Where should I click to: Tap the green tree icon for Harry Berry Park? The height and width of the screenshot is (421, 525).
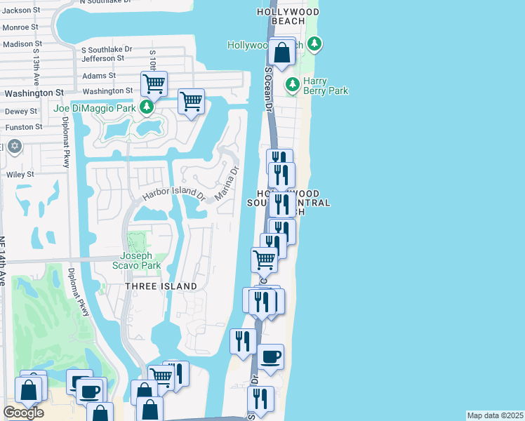click(x=293, y=86)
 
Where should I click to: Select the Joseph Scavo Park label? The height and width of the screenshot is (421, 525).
click(x=136, y=260)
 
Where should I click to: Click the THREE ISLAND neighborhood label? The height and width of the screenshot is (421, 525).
click(x=161, y=286)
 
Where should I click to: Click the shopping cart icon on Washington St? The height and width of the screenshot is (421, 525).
click(x=153, y=84)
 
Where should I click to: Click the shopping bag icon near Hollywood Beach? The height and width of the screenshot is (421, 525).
click(x=281, y=53)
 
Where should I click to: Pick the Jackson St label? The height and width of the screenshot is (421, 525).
click(x=20, y=10)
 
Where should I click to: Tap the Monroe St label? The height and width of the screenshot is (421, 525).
click(x=20, y=27)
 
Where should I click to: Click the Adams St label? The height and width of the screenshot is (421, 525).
click(x=98, y=76)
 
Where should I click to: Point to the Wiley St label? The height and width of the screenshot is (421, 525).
click(x=20, y=174)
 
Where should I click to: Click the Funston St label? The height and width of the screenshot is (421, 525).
click(x=23, y=127)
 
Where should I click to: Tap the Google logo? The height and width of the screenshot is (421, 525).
click(x=23, y=413)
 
